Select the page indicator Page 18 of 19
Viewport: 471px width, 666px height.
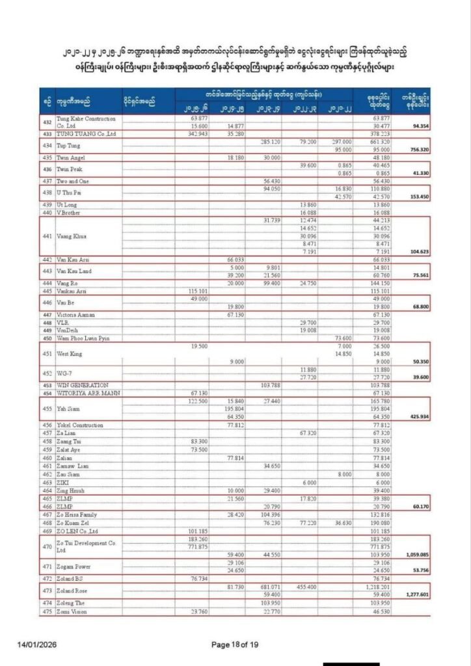[x=235, y=645]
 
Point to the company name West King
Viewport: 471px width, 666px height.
[x=70, y=354]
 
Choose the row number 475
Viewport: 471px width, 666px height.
[x=46, y=612]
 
